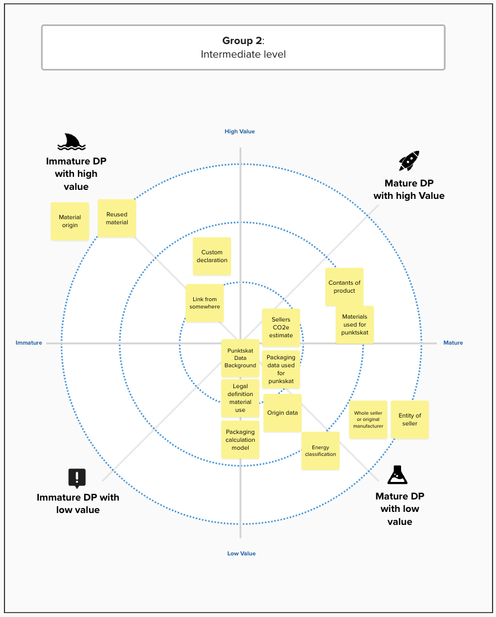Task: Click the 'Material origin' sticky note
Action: click(70, 221)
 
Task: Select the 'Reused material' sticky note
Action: click(117, 219)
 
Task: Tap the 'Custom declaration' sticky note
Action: click(212, 256)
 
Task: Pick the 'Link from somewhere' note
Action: click(205, 303)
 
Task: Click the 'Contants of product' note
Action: click(344, 287)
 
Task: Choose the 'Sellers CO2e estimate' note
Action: click(281, 327)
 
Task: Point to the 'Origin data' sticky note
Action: click(282, 413)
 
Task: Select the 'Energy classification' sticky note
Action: click(320, 451)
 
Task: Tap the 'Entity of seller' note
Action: click(410, 419)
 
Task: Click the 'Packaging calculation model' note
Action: click(240, 440)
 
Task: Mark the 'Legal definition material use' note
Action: click(240, 398)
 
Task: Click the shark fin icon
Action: click(72, 142)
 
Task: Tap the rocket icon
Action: click(409, 160)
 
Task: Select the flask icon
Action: click(397, 475)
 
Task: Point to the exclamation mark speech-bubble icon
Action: click(77, 479)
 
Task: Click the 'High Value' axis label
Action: click(240, 132)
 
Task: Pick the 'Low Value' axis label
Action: click(242, 553)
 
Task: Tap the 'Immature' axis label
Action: click(29, 343)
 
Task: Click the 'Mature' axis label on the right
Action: click(453, 343)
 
